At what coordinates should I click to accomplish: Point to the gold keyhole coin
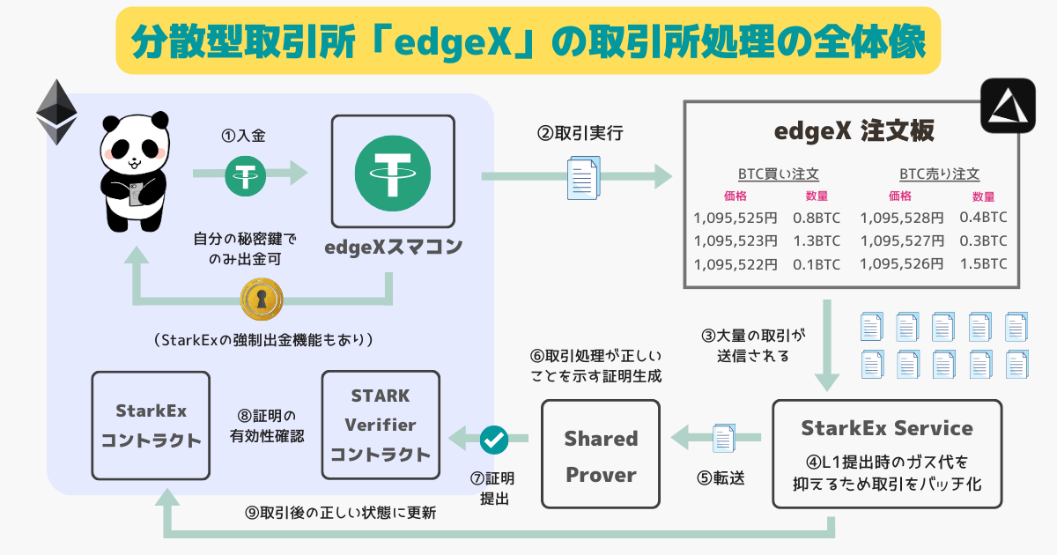tap(262, 300)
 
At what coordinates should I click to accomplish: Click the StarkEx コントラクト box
tap(151, 425)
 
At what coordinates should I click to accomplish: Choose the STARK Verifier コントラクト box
tap(380, 425)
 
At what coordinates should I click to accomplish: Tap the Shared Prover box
tap(601, 455)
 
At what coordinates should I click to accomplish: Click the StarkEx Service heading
tap(887, 429)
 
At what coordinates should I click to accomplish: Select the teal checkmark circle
tap(493, 438)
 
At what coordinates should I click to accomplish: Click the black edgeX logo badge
tap(1009, 107)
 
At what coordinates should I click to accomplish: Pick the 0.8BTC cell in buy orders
tap(816, 217)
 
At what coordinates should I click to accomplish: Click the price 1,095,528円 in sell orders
tap(901, 217)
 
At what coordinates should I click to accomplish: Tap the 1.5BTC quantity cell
tap(984, 264)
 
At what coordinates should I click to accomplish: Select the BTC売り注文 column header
tap(939, 174)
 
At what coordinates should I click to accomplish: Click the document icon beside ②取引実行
tap(582, 177)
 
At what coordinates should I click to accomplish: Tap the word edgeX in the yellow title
tap(450, 41)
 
